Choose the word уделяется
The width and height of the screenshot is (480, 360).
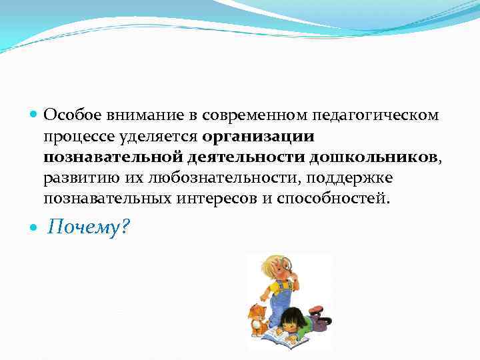(153, 137)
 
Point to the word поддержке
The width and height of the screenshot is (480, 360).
(343, 178)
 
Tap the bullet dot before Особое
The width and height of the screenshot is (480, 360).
(34, 116)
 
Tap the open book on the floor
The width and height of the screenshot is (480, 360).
(287, 338)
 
